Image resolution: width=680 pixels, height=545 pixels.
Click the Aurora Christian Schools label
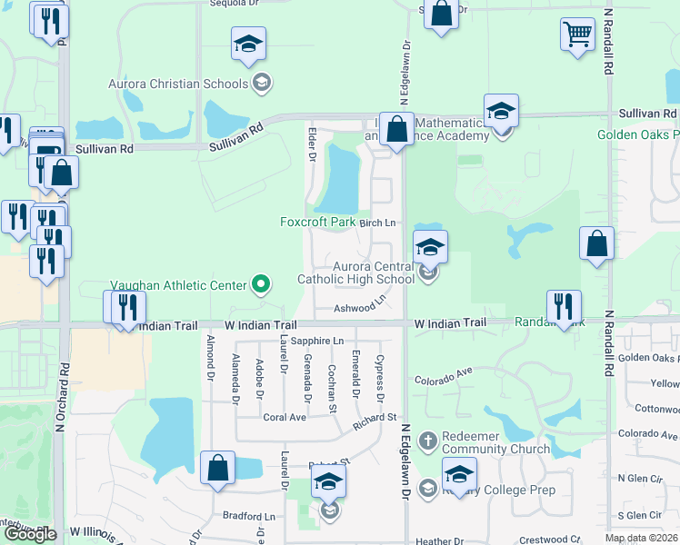[178, 84]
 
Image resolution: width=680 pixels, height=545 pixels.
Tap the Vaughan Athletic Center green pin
[262, 285]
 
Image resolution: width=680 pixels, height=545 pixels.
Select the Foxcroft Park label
[317, 222]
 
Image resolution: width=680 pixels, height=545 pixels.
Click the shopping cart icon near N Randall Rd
[578, 35]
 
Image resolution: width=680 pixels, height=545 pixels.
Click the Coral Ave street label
[284, 418]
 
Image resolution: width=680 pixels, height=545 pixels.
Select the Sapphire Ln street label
[325, 341]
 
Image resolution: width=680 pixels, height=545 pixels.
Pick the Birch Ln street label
[378, 223]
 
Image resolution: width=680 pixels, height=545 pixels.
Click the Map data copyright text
[642, 538]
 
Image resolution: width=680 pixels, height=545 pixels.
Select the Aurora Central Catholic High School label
[356, 272]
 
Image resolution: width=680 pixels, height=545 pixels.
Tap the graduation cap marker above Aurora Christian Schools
[248, 45]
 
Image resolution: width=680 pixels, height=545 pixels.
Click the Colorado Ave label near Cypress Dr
[444, 376]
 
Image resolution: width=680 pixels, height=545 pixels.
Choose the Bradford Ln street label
[249, 516]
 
